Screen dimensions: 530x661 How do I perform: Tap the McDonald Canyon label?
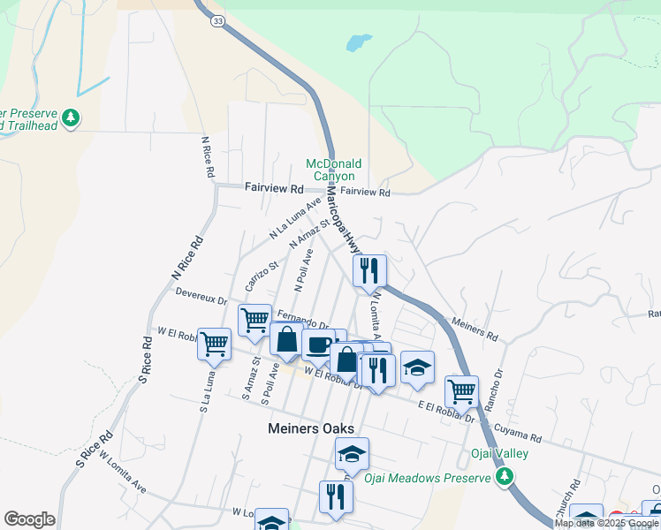point(334,170)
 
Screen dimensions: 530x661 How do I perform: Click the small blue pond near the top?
point(358,42)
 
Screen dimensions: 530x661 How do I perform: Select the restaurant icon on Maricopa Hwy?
point(369,270)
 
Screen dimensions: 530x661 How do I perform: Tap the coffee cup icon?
point(317,344)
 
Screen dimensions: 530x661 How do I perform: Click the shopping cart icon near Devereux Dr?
point(255,319)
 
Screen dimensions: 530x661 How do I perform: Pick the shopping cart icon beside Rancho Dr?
point(461,390)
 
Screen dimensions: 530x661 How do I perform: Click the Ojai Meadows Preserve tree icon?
point(505,477)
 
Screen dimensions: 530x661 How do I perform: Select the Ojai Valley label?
point(498,454)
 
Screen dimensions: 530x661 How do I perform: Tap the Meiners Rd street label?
point(475,330)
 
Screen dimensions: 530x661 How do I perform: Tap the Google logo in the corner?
point(29,519)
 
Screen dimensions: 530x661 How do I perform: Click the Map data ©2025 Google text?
point(606,523)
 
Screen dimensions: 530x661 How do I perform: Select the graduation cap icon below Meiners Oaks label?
point(352,454)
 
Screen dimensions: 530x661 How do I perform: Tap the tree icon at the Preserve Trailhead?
point(71,117)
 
